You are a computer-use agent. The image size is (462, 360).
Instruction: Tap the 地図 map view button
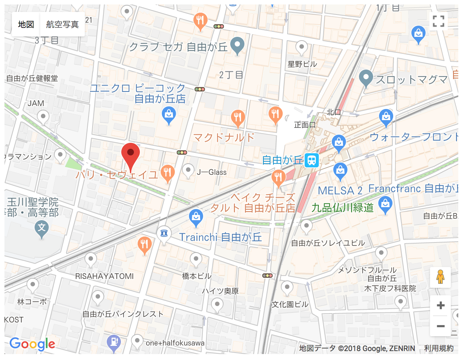point(26,25)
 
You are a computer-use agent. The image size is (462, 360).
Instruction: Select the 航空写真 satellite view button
point(62,25)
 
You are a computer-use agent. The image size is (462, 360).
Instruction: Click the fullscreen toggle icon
point(439,21)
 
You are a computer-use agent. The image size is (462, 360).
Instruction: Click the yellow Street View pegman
point(440,277)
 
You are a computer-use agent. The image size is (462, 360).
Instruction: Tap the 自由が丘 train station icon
point(312,160)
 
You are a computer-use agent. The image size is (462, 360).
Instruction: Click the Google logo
point(32,344)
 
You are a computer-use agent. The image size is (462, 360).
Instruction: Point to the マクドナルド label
point(224,138)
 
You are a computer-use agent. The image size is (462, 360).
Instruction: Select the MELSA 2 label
point(340,191)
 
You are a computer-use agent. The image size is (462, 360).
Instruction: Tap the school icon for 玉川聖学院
point(42,228)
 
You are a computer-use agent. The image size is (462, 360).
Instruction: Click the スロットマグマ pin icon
point(366,78)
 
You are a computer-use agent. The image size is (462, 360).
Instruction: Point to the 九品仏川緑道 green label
point(342,208)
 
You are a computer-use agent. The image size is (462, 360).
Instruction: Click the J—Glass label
point(211,172)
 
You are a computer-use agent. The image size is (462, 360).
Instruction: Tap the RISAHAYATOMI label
point(104,276)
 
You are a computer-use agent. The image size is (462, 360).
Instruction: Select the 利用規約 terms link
point(439,348)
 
